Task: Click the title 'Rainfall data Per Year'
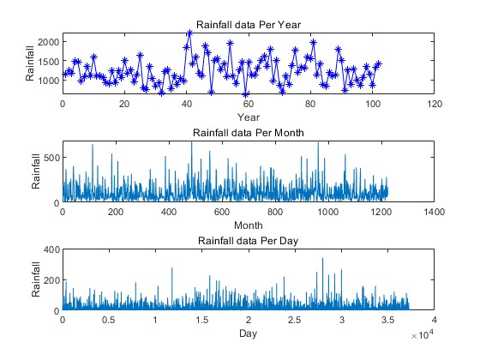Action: click(249, 25)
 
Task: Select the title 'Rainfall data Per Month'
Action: click(249, 133)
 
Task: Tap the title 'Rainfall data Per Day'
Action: click(248, 241)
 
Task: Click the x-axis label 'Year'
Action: click(249, 117)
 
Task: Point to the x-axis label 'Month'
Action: click(249, 225)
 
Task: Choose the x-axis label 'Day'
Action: click(248, 333)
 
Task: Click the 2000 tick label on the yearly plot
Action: click(48, 42)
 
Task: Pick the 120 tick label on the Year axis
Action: click(435, 104)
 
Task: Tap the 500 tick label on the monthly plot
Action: click(51, 158)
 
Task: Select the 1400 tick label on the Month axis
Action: click(434, 212)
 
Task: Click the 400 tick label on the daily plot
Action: click(51, 249)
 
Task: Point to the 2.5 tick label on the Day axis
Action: click(294, 320)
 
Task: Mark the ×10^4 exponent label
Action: click(423, 334)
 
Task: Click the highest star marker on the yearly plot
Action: click(189, 33)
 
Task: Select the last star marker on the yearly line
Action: click(378, 63)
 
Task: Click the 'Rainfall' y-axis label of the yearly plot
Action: click(30, 63)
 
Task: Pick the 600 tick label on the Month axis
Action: click(222, 212)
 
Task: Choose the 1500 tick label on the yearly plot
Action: click(48, 61)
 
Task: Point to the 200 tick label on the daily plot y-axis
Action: click(51, 280)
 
